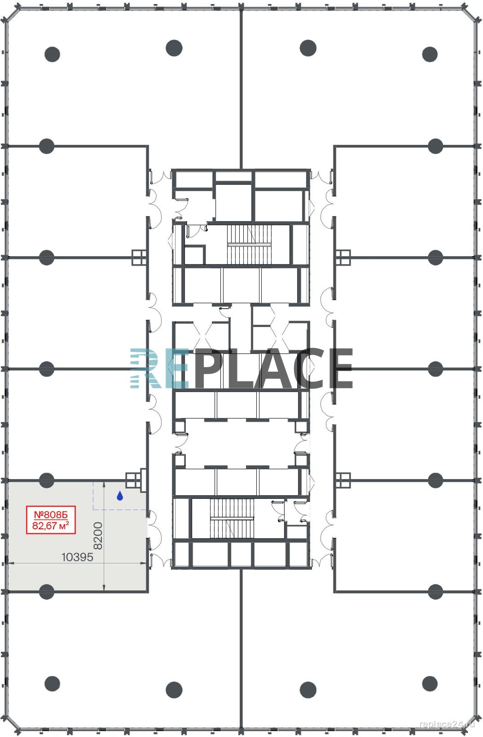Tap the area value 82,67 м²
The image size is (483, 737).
tap(51, 525)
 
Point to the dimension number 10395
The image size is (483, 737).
tap(77, 557)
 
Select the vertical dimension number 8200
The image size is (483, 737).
tap(98, 535)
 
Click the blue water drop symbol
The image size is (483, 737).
tap(120, 496)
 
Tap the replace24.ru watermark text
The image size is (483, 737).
tap(447, 724)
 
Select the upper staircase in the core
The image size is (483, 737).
tap(249, 245)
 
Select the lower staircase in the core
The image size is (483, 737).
tap(232, 518)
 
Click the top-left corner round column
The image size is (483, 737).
tap(53, 54)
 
